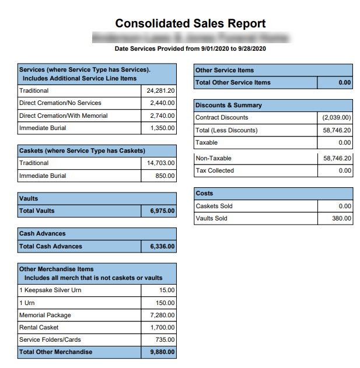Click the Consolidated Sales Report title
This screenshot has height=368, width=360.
pyautogui.click(x=190, y=24)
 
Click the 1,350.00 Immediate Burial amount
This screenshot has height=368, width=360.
pyautogui.click(x=162, y=128)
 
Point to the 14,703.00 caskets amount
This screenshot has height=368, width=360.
pyautogui.click(x=160, y=163)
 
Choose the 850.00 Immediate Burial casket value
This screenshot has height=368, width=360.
pyautogui.click(x=165, y=176)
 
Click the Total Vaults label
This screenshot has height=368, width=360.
pyautogui.click(x=37, y=211)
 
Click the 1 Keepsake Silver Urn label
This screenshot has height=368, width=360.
pyautogui.click(x=50, y=290)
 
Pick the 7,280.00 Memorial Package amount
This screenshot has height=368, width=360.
pyautogui.click(x=162, y=315)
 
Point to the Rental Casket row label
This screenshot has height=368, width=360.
pyautogui.click(x=39, y=327)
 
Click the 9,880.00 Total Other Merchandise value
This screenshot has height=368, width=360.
pyautogui.click(x=162, y=352)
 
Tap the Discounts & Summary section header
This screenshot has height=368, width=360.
pyautogui.click(x=228, y=106)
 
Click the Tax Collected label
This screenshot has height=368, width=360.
pyautogui.click(x=215, y=170)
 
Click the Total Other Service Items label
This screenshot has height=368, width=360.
pyautogui.click(x=233, y=82)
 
